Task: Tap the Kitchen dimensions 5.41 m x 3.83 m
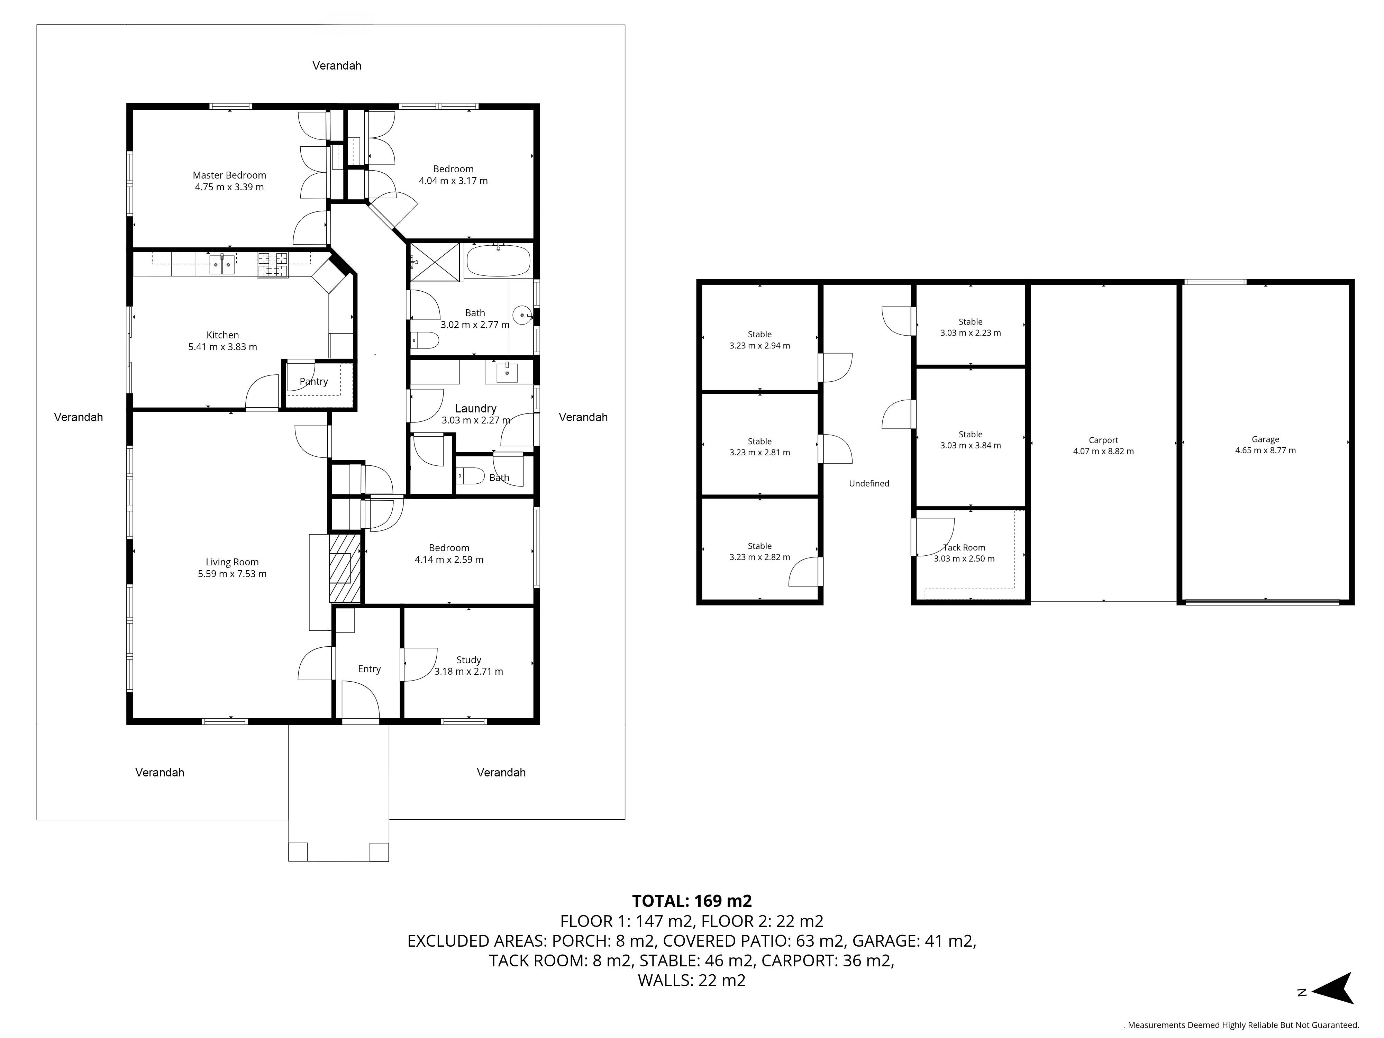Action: [x=223, y=347]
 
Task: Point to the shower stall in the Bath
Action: [x=436, y=262]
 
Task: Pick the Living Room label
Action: [x=232, y=562]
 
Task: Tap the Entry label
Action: [x=369, y=669]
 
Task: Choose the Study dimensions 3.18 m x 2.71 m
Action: [x=468, y=671]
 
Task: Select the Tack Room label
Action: [x=964, y=547]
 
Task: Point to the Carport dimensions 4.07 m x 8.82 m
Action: [x=1103, y=451]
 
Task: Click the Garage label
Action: [x=1265, y=439]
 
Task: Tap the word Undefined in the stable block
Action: [x=869, y=483]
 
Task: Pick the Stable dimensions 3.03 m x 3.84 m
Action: [x=971, y=446]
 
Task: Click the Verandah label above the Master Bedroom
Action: [x=337, y=66]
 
